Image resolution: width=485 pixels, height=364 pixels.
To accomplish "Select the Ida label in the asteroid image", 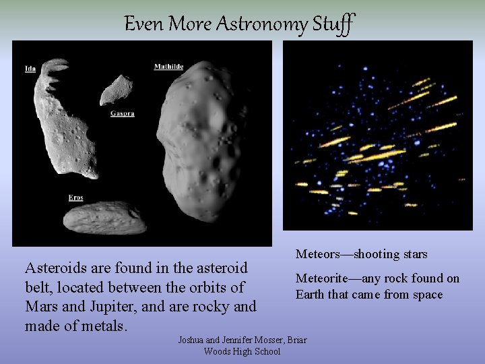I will click(x=30, y=69).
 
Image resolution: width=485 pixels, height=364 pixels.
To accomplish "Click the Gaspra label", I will click(x=122, y=114).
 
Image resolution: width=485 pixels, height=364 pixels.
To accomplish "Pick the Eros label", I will click(x=75, y=198).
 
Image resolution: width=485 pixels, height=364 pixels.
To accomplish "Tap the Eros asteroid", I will click(x=104, y=218).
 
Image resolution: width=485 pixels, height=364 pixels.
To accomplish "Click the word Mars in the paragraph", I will click(x=41, y=307).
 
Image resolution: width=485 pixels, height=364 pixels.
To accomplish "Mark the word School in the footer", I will click(x=266, y=351).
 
